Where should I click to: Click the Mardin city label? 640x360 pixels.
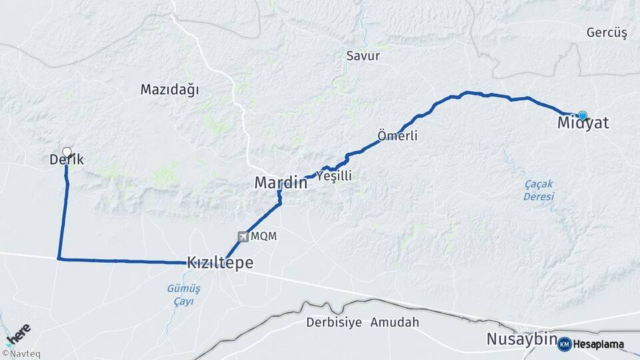point(281,183)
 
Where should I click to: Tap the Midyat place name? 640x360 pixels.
point(583,124)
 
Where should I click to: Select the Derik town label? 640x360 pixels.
point(67,160)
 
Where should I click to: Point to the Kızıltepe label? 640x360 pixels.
point(220,263)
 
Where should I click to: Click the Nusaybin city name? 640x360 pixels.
point(521,339)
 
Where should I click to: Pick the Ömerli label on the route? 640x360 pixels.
point(397,136)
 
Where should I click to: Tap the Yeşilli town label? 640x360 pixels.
point(333,176)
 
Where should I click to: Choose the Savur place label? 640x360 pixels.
point(363,56)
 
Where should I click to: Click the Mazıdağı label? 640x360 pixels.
point(170,90)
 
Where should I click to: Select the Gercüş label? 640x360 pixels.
point(607,33)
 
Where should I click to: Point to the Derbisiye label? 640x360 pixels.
point(334,323)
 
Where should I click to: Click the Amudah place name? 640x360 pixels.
point(395,323)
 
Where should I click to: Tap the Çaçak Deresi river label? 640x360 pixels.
point(539,191)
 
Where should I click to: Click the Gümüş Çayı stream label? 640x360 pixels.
point(179,294)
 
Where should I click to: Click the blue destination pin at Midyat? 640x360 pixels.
point(583,115)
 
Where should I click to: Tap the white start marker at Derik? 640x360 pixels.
point(67,151)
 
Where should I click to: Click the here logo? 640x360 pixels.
point(20,332)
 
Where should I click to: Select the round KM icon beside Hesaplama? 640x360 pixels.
point(565,344)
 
